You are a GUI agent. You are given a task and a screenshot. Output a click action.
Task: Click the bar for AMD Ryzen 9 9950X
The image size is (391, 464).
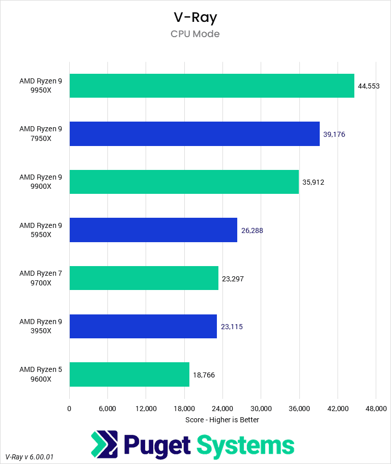coord(211,85)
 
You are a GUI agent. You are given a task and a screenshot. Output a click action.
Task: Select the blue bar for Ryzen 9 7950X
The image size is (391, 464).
coord(194,134)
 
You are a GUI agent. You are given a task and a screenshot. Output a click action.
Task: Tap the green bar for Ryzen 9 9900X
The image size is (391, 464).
coord(184,182)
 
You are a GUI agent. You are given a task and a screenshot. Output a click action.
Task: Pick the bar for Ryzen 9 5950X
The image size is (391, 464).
coord(153,230)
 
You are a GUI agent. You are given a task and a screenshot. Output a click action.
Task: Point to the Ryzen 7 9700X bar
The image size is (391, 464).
coord(144,278)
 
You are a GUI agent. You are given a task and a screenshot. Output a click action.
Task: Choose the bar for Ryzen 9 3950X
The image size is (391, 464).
coord(143,326)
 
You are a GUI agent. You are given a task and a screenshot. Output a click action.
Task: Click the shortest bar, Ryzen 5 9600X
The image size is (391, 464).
coord(129,374)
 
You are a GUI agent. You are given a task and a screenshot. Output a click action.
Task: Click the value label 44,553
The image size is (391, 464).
coord(369,86)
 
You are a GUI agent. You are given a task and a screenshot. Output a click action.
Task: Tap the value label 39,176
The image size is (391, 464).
coord(334,134)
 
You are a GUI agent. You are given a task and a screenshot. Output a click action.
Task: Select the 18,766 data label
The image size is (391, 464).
coord(204,374)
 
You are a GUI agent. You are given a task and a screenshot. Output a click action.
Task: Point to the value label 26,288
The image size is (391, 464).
coord(252,230)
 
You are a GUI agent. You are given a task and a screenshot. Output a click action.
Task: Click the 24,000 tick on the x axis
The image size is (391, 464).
coord(222,409)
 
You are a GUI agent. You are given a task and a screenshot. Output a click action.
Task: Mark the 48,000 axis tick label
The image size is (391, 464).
coord(375,409)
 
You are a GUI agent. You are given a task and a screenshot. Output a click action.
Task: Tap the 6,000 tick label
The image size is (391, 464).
coord(107,409)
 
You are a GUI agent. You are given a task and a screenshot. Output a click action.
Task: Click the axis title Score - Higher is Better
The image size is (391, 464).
coord(222,420)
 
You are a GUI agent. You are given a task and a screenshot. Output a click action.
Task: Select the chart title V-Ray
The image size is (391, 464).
coord(195,17)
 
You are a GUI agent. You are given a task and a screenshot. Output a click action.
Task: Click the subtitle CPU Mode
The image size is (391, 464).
coord(195,34)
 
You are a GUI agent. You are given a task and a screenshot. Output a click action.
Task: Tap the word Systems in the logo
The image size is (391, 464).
coord(245,446)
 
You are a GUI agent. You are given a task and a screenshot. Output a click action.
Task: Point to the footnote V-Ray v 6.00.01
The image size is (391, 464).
coord(29,457)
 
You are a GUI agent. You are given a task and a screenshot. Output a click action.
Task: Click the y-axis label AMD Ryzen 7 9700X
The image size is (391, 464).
coord(41,278)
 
